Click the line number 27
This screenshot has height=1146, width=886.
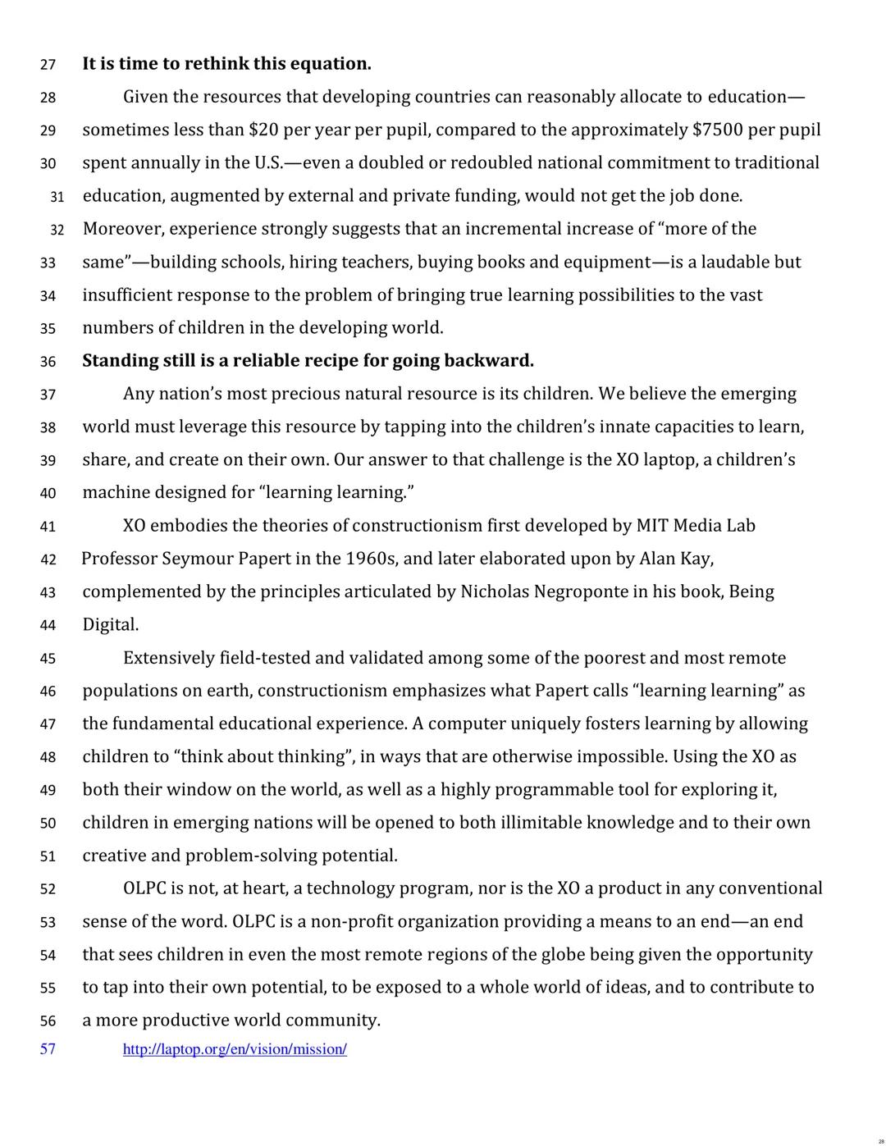point(48,65)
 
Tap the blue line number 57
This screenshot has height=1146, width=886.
point(48,1049)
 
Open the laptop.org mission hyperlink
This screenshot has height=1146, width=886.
point(235,1049)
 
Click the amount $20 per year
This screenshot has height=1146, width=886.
point(264,130)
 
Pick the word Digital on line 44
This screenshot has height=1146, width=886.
point(109,625)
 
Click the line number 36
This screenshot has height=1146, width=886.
point(48,362)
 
